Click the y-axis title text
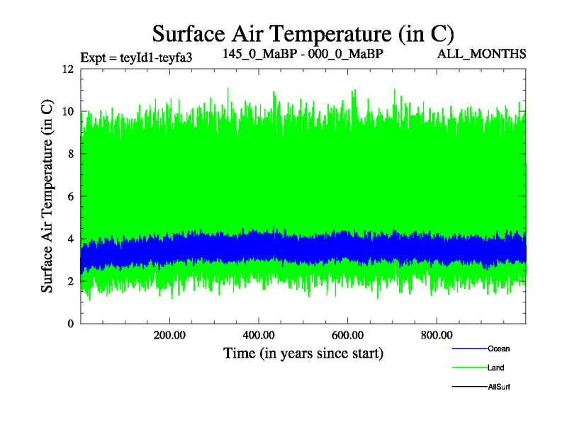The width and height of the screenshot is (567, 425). point(47,196)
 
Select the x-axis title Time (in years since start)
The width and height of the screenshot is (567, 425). point(303,352)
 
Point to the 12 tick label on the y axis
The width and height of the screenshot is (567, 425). point(67,69)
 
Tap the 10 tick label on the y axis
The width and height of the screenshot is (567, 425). point(67,111)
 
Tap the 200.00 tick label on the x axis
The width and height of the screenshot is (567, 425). point(169,334)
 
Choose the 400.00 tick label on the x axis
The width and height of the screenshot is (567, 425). point(259,334)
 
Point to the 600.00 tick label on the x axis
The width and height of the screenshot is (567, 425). point(348,334)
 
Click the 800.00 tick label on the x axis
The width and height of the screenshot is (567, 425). point(437,334)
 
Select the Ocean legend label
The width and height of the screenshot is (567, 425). point(498,348)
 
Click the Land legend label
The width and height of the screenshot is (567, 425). point(496,368)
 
